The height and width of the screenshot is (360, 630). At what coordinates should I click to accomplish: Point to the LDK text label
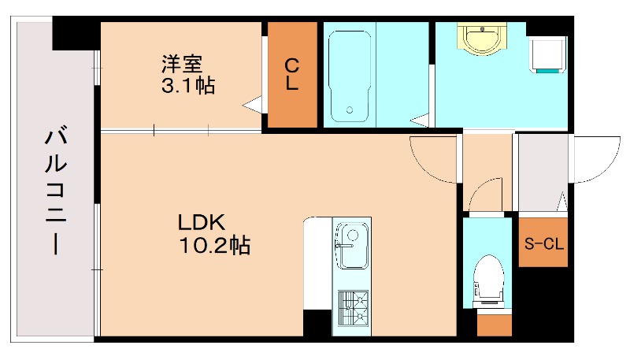pyautogui.click(x=200, y=223)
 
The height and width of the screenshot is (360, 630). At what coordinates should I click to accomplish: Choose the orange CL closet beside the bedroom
pyautogui.click(x=291, y=75)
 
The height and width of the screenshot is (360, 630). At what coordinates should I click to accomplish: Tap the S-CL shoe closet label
pyautogui.click(x=543, y=244)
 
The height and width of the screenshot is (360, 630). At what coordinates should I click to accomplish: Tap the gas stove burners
pyautogui.click(x=351, y=307)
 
